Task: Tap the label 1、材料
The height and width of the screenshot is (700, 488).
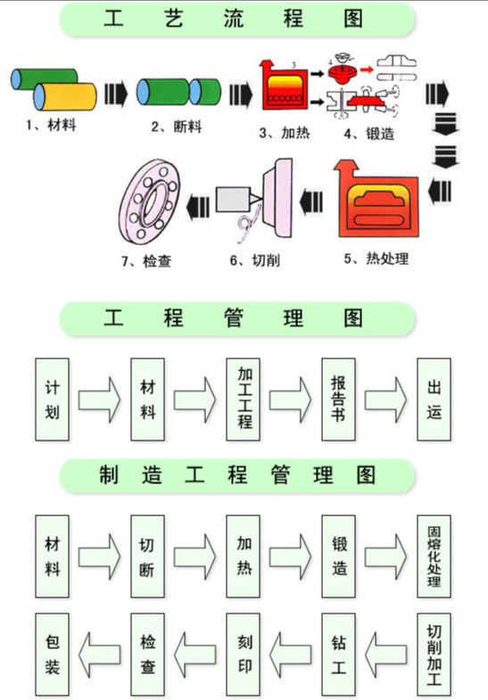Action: [x=51, y=125]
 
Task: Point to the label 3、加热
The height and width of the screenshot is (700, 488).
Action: [x=284, y=134]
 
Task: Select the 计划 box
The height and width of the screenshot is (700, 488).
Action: [x=54, y=399]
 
